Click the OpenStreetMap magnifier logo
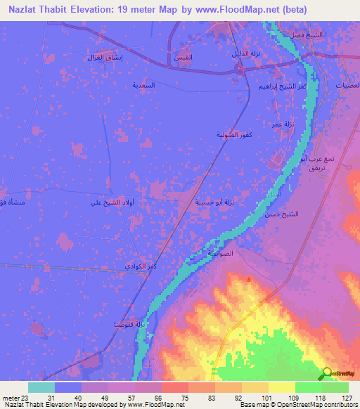click(326, 373)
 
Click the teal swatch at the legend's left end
click(41, 387)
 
